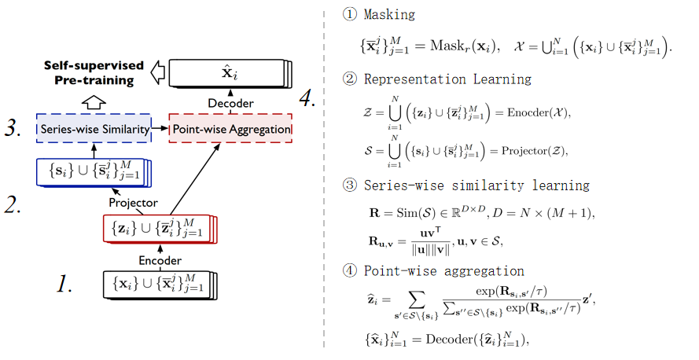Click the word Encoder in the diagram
click(160, 260)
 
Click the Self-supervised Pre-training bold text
click(93, 72)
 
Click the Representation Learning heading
click(447, 79)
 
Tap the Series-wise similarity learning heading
click(476, 186)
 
